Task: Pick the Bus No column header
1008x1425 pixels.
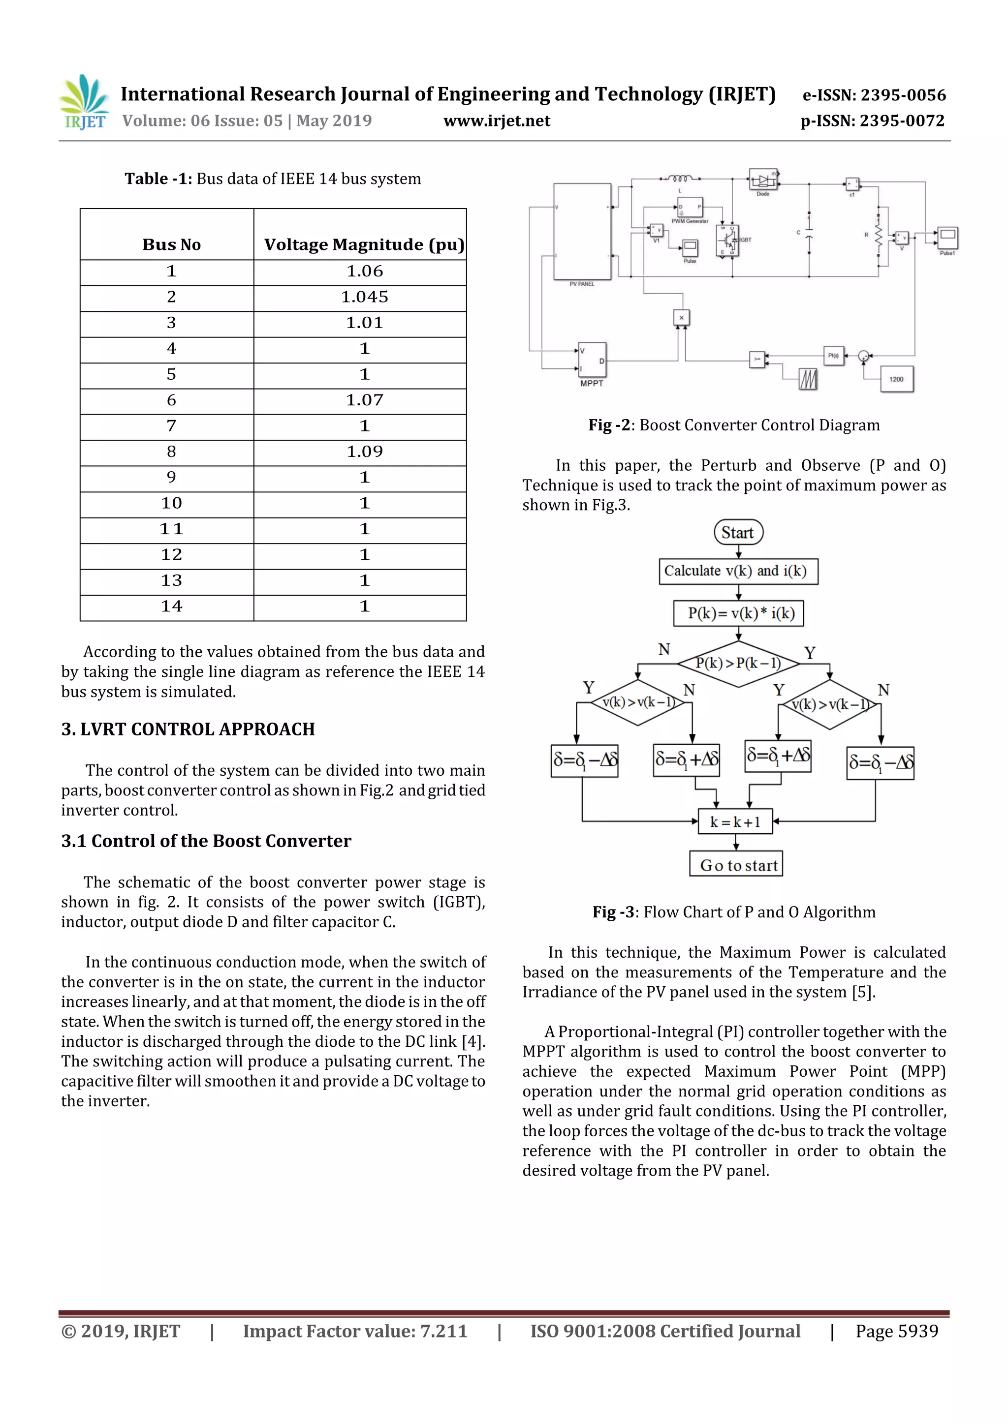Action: pyautogui.click(x=171, y=244)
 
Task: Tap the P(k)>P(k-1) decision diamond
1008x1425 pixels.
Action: pyautogui.click(x=738, y=664)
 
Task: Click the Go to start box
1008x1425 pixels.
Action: pyautogui.click(x=737, y=865)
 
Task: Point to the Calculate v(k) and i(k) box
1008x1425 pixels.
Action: pyautogui.click(x=738, y=571)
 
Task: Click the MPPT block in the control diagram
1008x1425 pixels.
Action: pyautogui.click(x=592, y=360)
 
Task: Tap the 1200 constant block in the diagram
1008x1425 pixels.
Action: pyautogui.click(x=896, y=379)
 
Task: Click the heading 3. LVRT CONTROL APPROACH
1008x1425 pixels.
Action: pyautogui.click(x=188, y=729)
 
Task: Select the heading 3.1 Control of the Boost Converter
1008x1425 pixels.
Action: pyautogui.click(x=206, y=841)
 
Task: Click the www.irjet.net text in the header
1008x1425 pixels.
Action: pyautogui.click(x=497, y=121)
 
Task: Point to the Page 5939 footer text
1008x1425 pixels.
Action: pyautogui.click(x=896, y=1331)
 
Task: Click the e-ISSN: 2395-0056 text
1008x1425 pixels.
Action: pyautogui.click(x=874, y=95)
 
